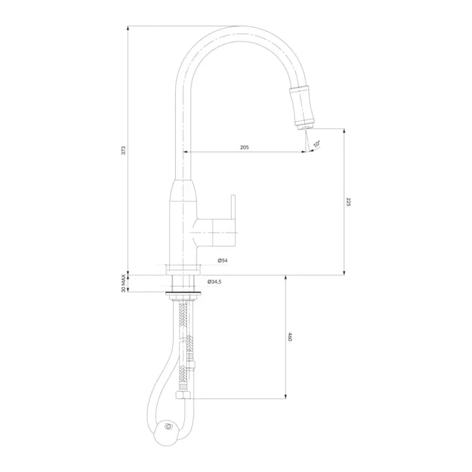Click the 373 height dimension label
tap(123, 150)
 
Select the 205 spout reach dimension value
tap(244, 147)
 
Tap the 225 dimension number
tap(349, 202)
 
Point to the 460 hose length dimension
tap(290, 337)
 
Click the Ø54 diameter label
tap(222, 260)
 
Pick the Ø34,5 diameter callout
tap(215, 282)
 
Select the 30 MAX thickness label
tap(123, 283)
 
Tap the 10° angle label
tap(317, 143)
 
